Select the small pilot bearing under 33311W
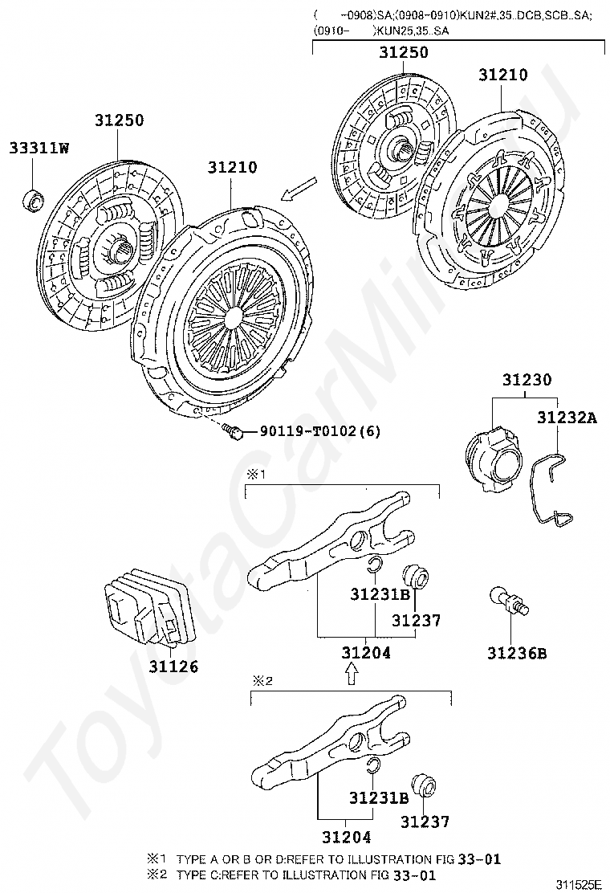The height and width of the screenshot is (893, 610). pyautogui.click(x=33, y=198)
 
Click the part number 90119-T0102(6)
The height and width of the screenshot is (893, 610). pyautogui.click(x=319, y=431)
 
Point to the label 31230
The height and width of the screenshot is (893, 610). pyautogui.click(x=527, y=380)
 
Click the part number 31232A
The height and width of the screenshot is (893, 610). pyautogui.click(x=567, y=417)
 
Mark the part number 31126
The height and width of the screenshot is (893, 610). pyautogui.click(x=173, y=667)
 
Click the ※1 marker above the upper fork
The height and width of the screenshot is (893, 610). pyautogui.click(x=254, y=475)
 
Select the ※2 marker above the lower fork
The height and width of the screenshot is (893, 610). pyautogui.click(x=264, y=680)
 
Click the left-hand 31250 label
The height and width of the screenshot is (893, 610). pyautogui.click(x=119, y=120)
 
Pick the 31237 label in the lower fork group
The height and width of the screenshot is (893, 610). pyautogui.click(x=425, y=822)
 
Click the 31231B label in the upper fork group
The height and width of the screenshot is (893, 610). pyautogui.click(x=380, y=594)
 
